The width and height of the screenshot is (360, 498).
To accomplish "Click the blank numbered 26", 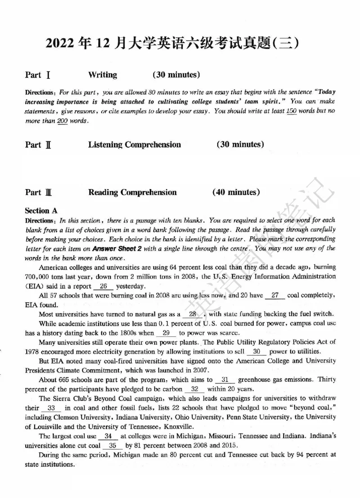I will [103, 286].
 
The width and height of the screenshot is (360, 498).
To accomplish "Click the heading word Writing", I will [103, 75].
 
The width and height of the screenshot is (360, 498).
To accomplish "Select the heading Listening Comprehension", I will [135, 145].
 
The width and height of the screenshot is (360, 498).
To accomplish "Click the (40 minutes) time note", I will [236, 192].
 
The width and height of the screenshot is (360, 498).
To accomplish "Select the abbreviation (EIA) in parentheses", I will [35, 286].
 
